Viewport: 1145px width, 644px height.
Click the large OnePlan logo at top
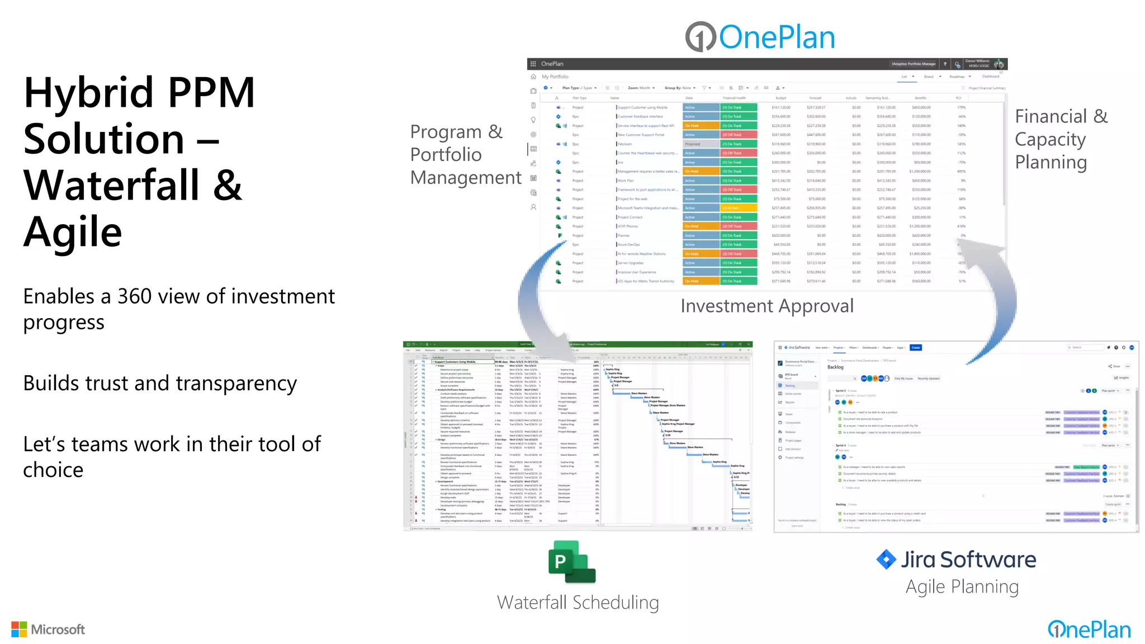760,37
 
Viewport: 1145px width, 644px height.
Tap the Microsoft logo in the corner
48,629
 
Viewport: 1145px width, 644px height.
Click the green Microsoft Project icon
571,562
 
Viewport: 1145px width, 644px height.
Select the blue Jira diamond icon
886,559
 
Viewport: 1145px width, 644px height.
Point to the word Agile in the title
73,232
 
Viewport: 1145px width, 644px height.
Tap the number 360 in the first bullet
134,296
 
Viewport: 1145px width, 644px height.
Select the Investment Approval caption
767,306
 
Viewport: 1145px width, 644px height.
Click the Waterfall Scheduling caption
578,603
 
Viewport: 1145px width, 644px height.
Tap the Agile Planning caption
962,586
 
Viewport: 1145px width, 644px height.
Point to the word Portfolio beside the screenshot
446,154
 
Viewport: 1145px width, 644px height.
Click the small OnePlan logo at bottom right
1089,629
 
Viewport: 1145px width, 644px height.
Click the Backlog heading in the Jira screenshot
835,367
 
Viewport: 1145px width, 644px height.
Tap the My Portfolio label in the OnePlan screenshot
555,77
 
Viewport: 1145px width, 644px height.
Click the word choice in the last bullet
53,470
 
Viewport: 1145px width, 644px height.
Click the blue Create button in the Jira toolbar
915,348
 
